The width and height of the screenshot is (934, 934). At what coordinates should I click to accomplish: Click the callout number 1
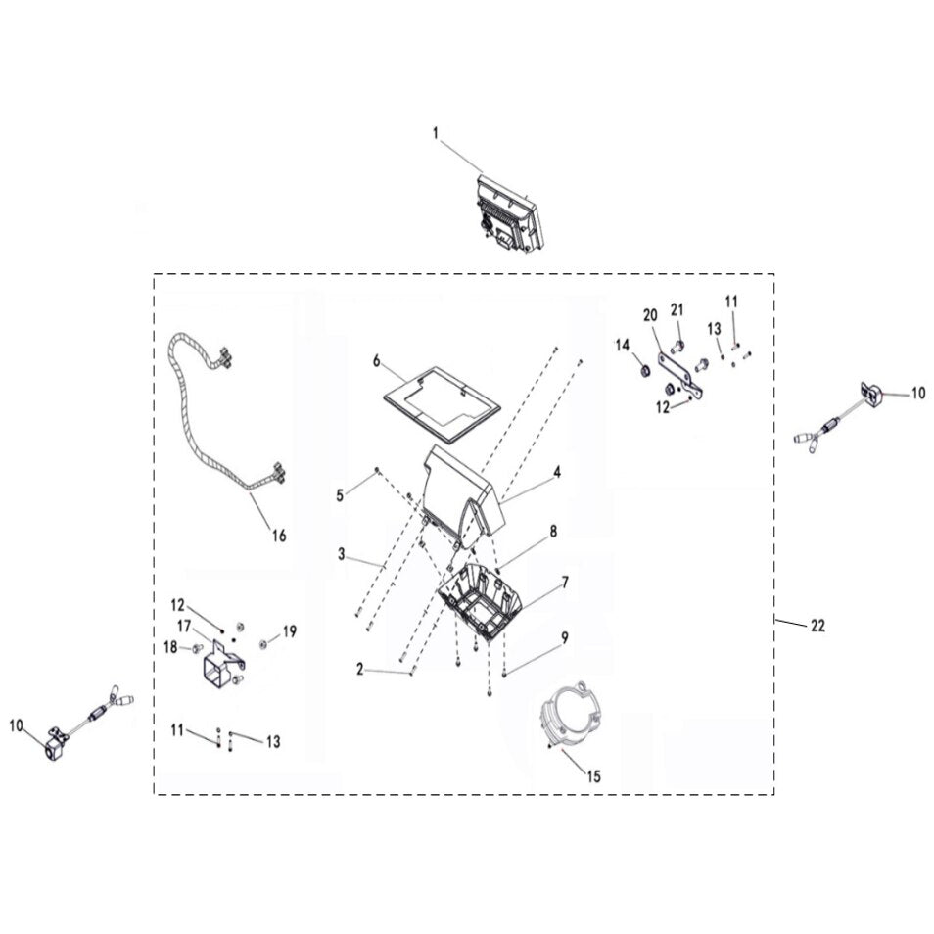pyautogui.click(x=436, y=133)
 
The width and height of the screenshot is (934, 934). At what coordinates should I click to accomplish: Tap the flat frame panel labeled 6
pyautogui.click(x=442, y=405)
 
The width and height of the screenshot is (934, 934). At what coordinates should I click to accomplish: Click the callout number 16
pyautogui.click(x=279, y=536)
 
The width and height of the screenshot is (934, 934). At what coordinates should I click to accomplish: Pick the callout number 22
pyautogui.click(x=817, y=625)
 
